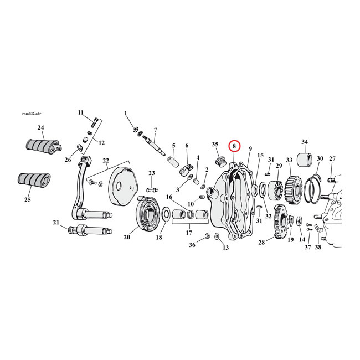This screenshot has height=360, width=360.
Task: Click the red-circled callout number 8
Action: [235, 147]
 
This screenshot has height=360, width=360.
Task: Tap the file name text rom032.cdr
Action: [31, 113]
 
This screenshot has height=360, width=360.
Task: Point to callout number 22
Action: [106, 161]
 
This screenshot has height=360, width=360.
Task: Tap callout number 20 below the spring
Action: [127, 238]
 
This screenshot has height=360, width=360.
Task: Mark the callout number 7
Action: [156, 129]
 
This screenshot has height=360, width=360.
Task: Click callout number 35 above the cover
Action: [215, 145]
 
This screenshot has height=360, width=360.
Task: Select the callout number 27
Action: [332, 158]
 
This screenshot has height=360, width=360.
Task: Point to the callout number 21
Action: [56, 223]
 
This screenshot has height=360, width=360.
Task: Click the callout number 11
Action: [80, 112]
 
